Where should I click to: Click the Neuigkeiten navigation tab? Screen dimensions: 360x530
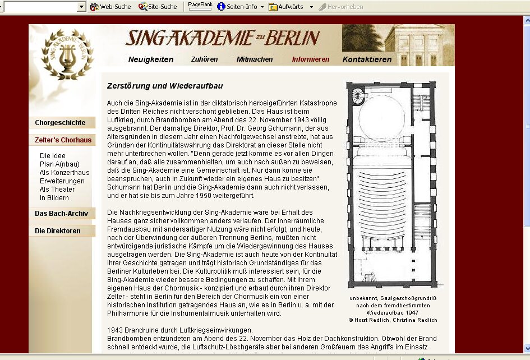click(150, 59)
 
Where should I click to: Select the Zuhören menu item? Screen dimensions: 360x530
click(204, 59)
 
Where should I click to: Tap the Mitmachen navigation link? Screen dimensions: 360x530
click(255, 59)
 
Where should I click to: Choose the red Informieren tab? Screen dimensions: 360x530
click(311, 59)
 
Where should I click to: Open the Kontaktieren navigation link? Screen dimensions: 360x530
click(367, 59)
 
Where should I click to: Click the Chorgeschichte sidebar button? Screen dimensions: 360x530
click(60, 123)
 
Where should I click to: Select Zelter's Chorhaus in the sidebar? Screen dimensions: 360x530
click(63, 140)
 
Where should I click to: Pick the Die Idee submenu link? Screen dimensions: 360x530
click(52, 156)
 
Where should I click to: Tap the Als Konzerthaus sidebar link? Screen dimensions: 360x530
click(64, 173)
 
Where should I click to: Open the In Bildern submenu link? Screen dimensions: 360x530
click(54, 198)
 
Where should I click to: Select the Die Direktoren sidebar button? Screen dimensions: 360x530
click(58, 231)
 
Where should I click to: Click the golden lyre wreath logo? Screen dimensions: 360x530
click(67, 54)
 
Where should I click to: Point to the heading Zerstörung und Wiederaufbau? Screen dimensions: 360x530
click(165, 86)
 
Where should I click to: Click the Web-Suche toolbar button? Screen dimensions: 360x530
click(110, 7)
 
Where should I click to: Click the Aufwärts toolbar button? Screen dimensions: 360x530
click(287, 7)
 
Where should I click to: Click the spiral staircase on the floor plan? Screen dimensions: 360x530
click(357, 96)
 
